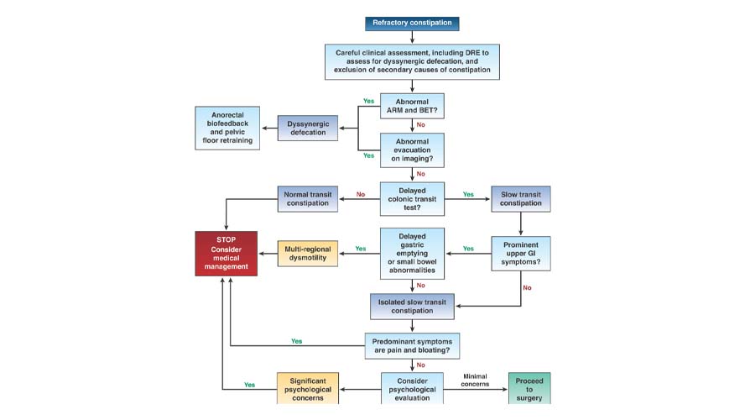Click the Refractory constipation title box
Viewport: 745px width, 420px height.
click(x=411, y=24)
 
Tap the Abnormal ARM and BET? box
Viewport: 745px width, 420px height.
click(x=411, y=106)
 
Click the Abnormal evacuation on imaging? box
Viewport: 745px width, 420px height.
click(x=411, y=150)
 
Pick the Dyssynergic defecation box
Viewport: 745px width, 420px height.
click(x=306, y=128)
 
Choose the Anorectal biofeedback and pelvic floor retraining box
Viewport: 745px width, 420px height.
click(x=227, y=128)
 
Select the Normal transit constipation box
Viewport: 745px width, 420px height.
click(x=306, y=198)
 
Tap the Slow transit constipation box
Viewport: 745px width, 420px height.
click(x=521, y=198)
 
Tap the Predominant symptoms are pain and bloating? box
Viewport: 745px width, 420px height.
click(x=411, y=344)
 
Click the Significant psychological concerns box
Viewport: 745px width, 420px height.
click(x=308, y=388)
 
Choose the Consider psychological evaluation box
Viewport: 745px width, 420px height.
click(x=411, y=388)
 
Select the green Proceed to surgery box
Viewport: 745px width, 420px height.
click(x=529, y=388)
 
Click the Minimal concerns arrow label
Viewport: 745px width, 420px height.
click(x=476, y=381)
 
